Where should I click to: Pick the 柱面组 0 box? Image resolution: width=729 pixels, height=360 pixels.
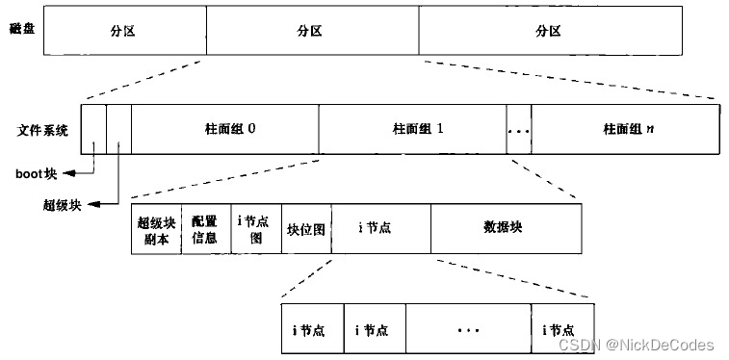coord(224,128)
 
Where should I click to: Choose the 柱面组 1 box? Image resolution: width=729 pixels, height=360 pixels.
coord(412,128)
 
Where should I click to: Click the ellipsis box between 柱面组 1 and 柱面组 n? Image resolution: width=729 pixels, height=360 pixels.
coord(518,128)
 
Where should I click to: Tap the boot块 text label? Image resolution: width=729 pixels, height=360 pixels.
coord(37,174)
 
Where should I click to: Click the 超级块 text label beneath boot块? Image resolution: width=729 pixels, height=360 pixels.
coord(61,204)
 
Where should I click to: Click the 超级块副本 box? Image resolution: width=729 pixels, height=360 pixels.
coord(155,230)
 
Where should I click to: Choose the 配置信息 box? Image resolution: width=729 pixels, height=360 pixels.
coord(204,230)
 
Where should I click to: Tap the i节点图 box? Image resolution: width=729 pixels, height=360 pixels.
coord(255,230)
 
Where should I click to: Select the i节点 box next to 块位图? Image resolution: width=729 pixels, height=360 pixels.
coord(380,230)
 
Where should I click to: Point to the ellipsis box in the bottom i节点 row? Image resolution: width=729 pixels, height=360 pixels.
coord(469,329)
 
